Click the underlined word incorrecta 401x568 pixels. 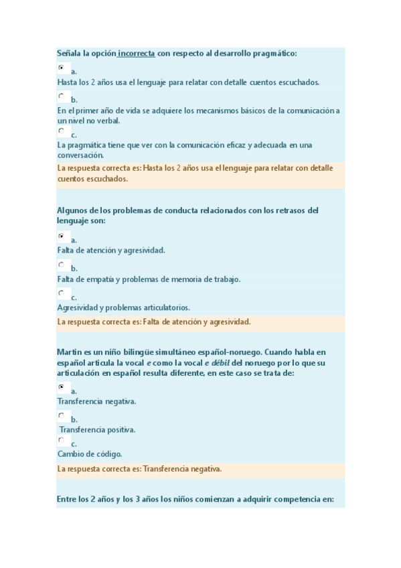tap(138, 53)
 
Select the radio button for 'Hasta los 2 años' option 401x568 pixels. tap(61, 68)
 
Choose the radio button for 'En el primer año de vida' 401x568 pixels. tap(61, 96)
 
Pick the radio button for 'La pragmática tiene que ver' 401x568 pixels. tap(61, 131)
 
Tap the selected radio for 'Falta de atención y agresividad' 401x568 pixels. tap(61, 236)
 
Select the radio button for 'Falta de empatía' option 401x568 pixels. tap(61, 265)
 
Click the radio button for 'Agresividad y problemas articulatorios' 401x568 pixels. tap(61, 293)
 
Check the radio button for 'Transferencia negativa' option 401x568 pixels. tap(61, 387)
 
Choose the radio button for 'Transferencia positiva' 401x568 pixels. tap(61, 416)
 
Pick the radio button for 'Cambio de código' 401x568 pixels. tap(61, 440)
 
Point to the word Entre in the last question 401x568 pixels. tap(67, 499)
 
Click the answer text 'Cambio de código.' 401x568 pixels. tap(90, 453)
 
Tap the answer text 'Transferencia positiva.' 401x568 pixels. tap(97, 429)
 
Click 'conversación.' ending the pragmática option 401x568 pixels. tap(80, 155)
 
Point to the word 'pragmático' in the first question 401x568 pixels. tap(274, 53)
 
